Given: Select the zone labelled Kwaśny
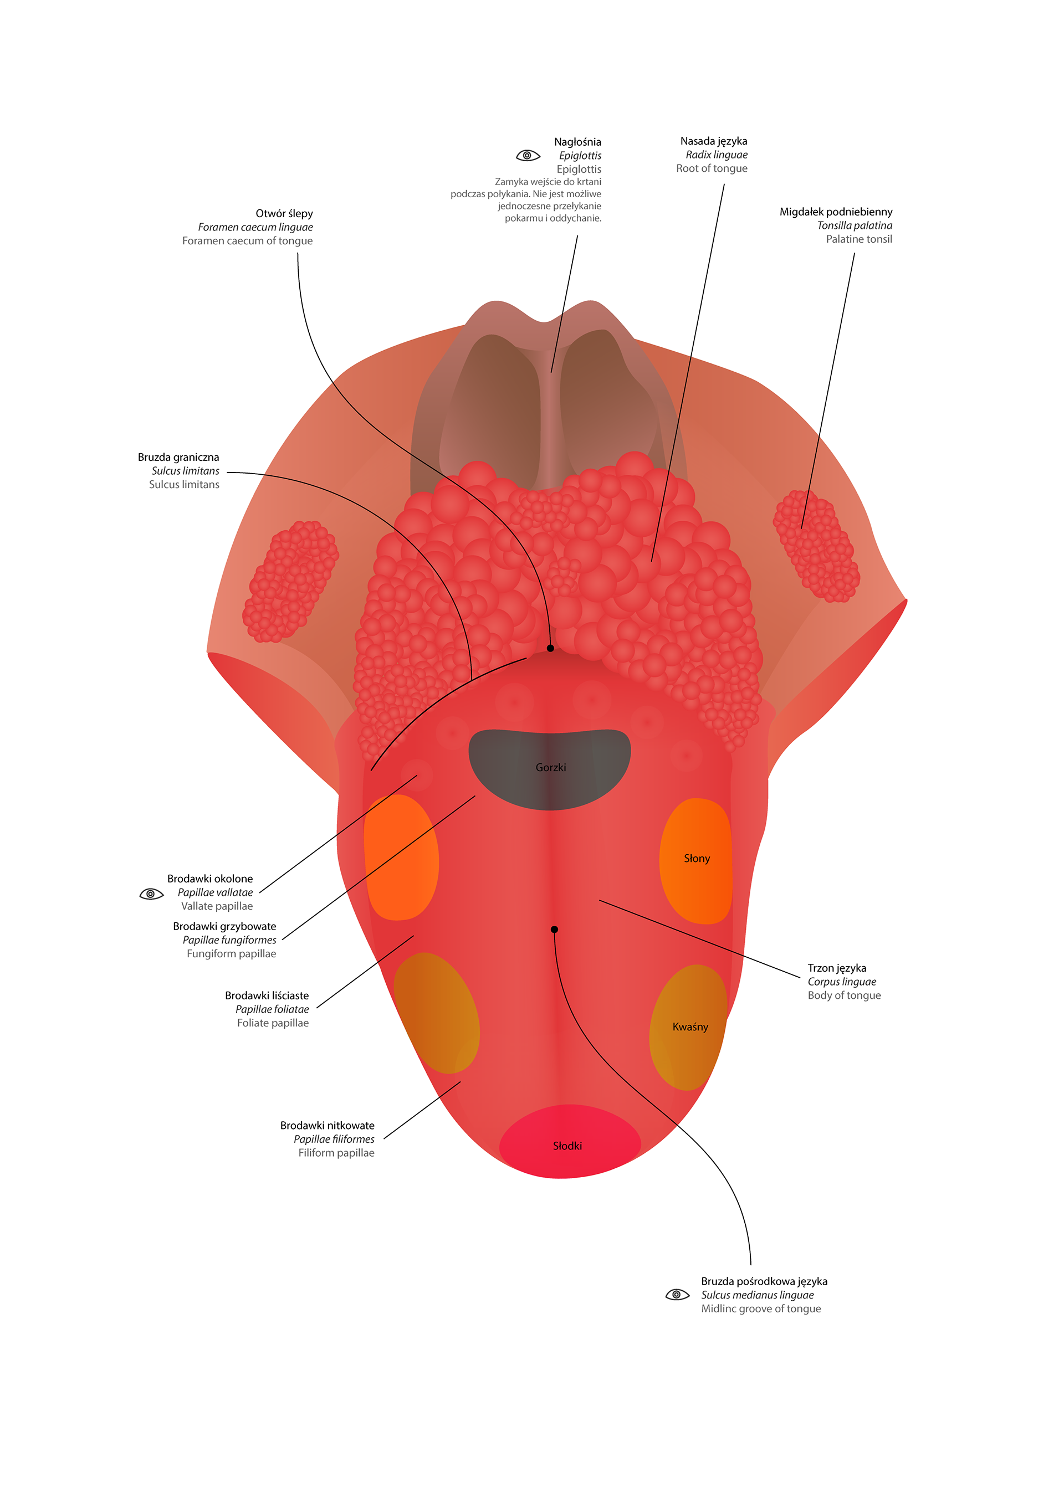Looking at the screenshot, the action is click(689, 1026).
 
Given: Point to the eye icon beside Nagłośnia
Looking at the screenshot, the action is click(528, 155).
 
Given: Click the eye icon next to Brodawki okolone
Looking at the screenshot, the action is click(151, 894).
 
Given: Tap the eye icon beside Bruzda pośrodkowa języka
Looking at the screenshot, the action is click(677, 1295).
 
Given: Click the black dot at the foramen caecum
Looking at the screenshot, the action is click(550, 648).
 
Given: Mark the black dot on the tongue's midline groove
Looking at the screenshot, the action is click(554, 929).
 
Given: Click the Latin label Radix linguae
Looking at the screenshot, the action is click(716, 155).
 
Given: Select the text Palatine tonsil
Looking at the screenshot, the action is click(858, 239).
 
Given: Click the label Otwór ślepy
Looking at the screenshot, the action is click(284, 213).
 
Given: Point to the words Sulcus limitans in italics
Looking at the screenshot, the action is click(186, 471).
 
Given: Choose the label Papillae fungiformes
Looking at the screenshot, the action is click(229, 940).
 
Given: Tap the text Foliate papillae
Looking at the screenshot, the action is click(273, 1023).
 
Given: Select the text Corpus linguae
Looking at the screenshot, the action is click(841, 981).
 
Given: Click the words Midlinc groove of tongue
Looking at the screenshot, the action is click(761, 1308).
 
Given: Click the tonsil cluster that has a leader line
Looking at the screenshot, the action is click(816, 545).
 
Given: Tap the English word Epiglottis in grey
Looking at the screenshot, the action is click(579, 169).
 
